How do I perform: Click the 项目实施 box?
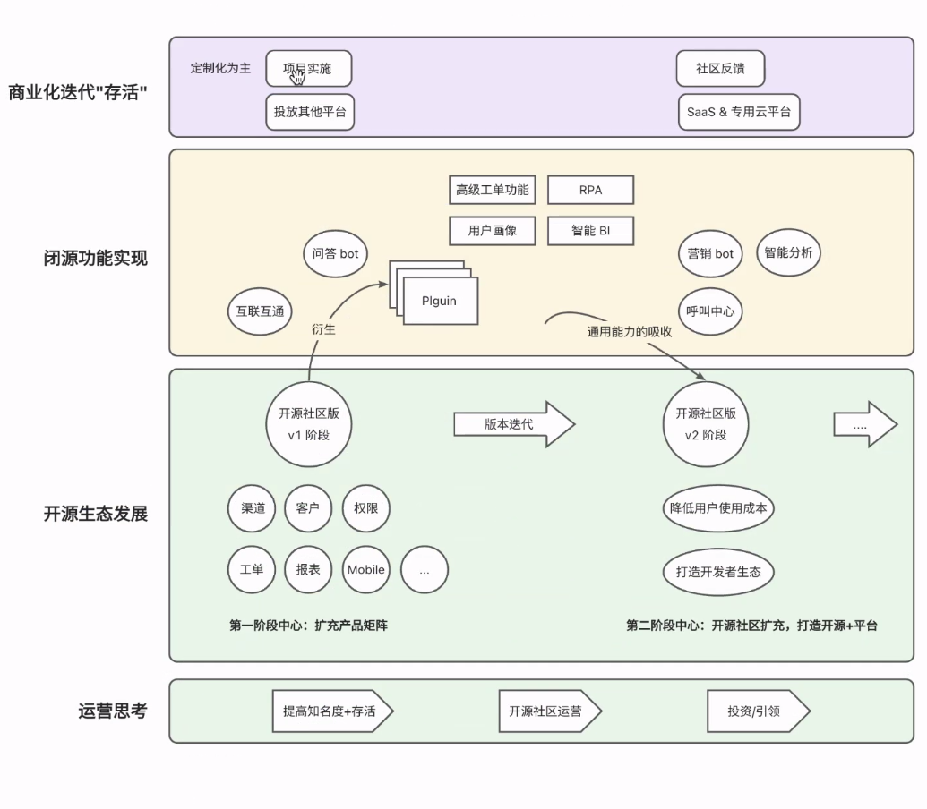coord(309,69)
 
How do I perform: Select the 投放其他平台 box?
coord(310,112)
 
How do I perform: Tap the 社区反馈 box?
coord(720,69)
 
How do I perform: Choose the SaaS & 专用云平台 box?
coord(738,112)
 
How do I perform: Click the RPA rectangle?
coord(590,190)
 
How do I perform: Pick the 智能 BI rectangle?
coord(590,230)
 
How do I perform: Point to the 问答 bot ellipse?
coord(335,254)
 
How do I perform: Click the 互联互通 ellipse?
coord(260,311)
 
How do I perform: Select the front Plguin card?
coord(440,301)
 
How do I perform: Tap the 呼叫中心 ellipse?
coord(710,311)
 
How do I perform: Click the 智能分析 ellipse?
coord(788,253)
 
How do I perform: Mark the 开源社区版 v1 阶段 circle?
coord(308,423)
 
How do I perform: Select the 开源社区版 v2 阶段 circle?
coord(706,423)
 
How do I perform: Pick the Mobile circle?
coord(365,569)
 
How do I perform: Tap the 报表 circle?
coord(308,569)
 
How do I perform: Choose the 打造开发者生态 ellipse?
coord(718,571)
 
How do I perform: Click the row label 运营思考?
coord(113,711)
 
